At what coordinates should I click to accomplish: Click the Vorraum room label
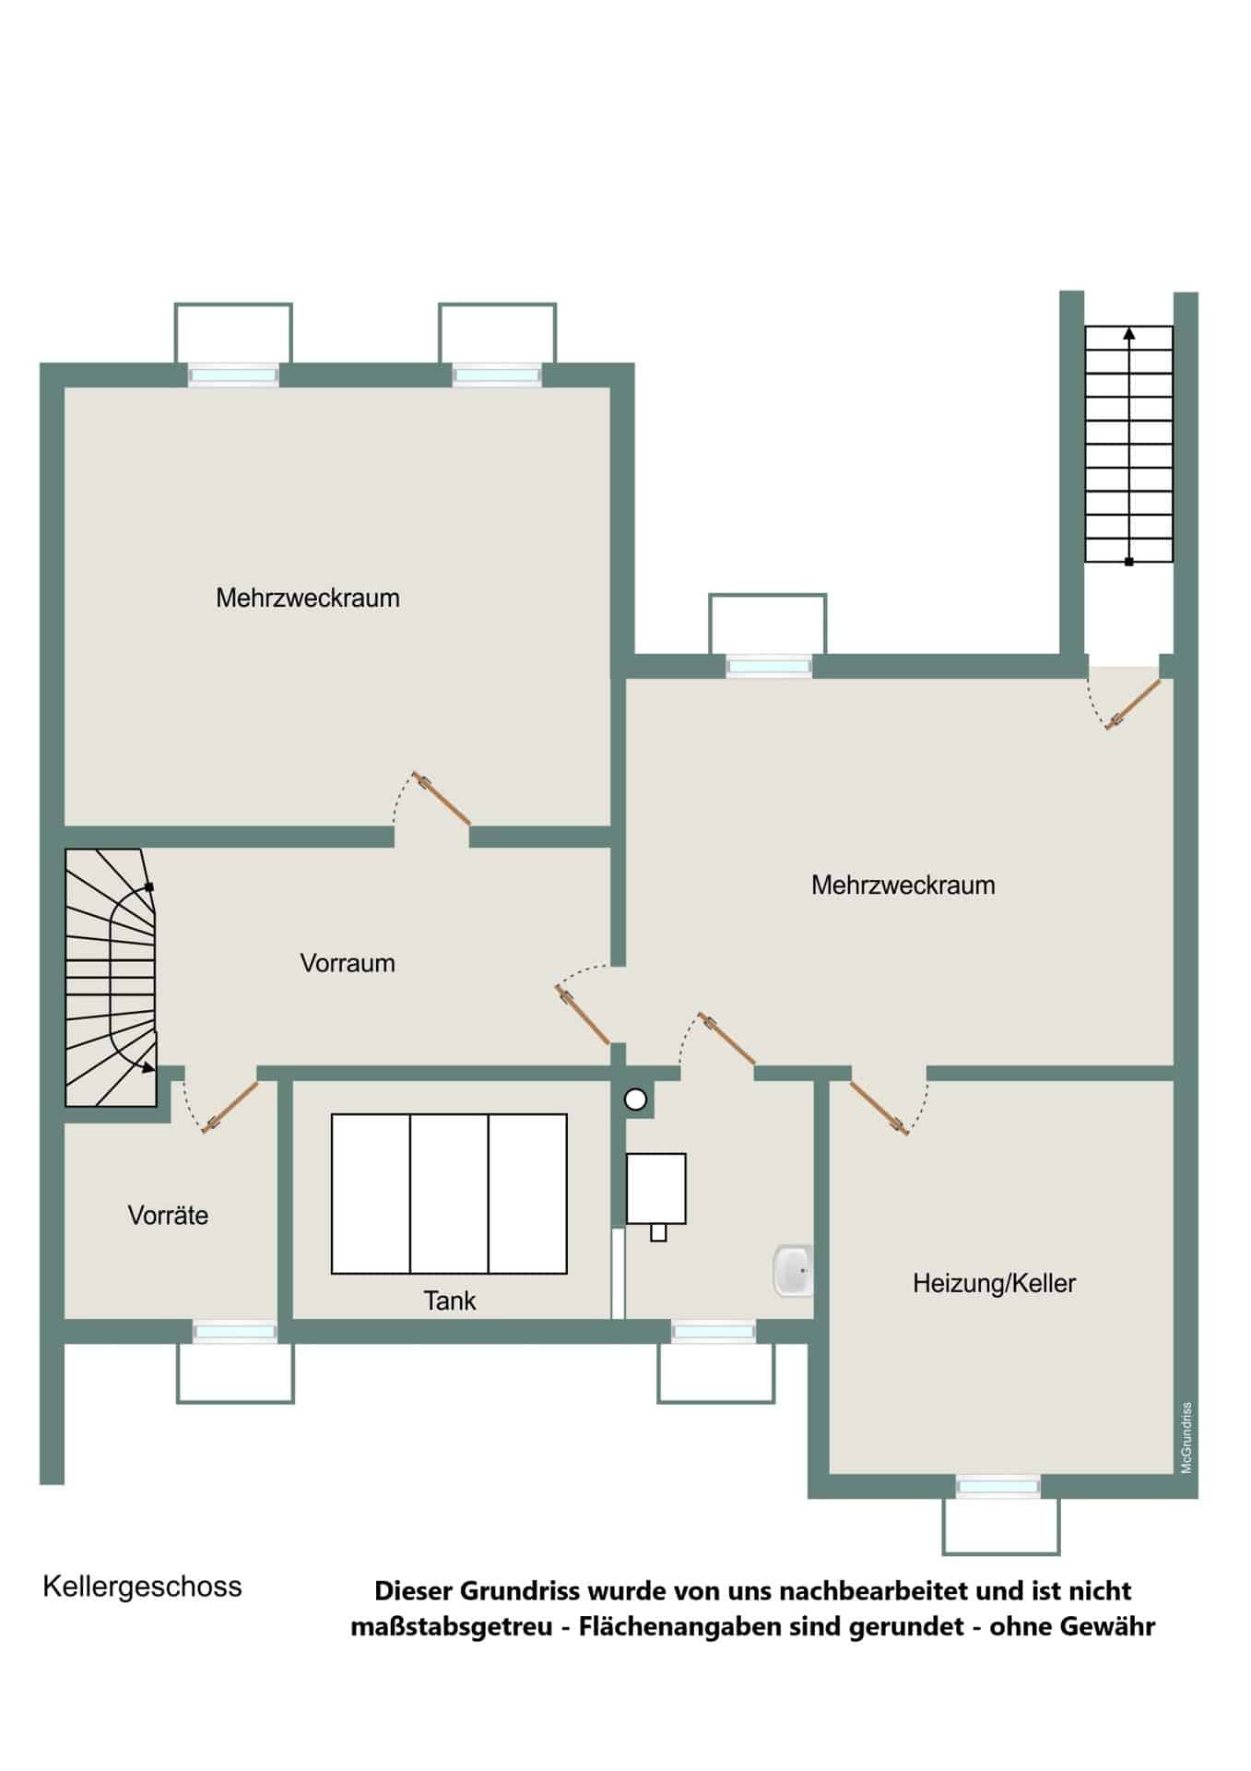pos(348,963)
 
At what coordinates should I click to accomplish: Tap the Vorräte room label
pos(168,1215)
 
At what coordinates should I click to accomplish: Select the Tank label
pos(450,1301)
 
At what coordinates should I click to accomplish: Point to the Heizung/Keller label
pos(995,1283)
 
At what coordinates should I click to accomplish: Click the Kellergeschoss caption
pos(142,1587)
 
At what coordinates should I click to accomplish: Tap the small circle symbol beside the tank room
pos(636,1099)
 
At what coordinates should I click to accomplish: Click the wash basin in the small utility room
pos(793,1270)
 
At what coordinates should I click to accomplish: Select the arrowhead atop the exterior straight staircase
pos(1129,333)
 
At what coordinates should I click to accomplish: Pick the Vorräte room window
pos(234,1331)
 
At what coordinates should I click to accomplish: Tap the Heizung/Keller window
pos(998,1486)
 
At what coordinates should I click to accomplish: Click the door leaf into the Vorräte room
pos(230,1106)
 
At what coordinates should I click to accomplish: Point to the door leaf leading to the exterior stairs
pos(1134,705)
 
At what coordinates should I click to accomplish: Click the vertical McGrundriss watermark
pos(1186,1438)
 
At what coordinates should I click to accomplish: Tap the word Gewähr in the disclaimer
pos(1107,1625)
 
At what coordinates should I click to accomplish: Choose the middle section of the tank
pos(449,1194)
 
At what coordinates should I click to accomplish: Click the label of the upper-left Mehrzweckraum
pos(308,598)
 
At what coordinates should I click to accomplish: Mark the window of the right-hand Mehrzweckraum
pos(768,666)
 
